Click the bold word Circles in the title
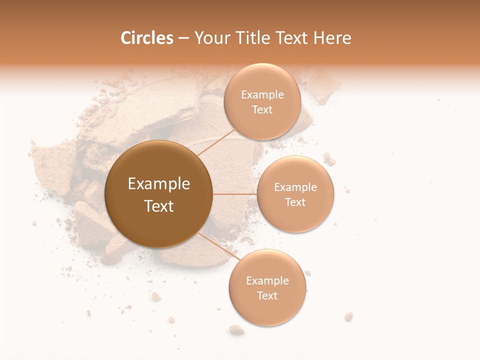147,38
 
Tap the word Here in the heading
332,38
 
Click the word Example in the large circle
159,184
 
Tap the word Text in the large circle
159,206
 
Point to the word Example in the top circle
262,95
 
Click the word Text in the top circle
262,110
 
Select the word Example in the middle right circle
295,187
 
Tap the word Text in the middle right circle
295,202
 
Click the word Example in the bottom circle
267,281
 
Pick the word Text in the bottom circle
267,296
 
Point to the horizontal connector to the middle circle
235,194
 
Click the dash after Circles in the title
183,38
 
